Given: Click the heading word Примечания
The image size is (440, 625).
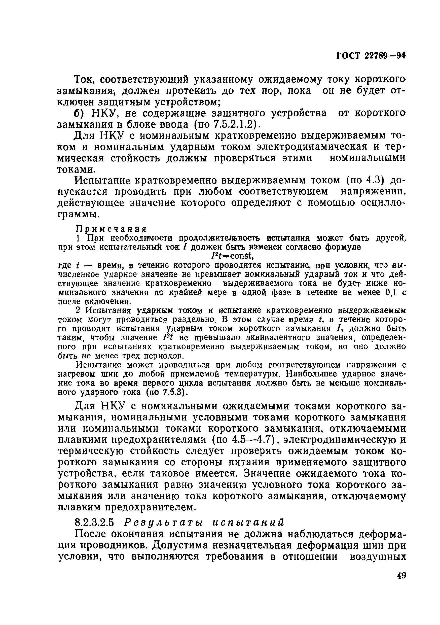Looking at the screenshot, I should coord(111,228).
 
